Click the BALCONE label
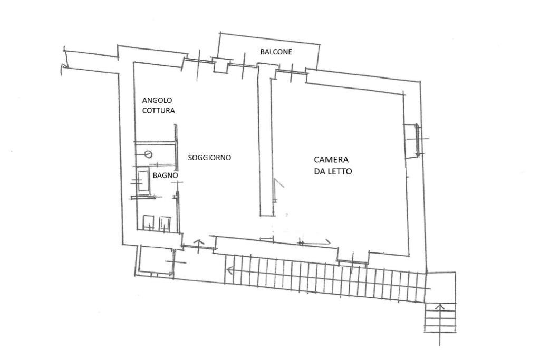coord(276,52)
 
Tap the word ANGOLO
coord(157,100)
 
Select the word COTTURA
coord(159,111)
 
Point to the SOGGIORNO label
coord(209,158)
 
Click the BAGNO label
coord(165,175)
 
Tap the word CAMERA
coord(331,160)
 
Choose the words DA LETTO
coord(333,171)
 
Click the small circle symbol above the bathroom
coord(148,154)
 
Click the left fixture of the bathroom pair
coord(149,222)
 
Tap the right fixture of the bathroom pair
coord(166,223)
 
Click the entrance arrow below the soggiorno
coord(199,244)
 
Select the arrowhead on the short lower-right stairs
coord(440,306)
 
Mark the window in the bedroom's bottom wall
coord(353,259)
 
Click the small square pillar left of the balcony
coord(220,65)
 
